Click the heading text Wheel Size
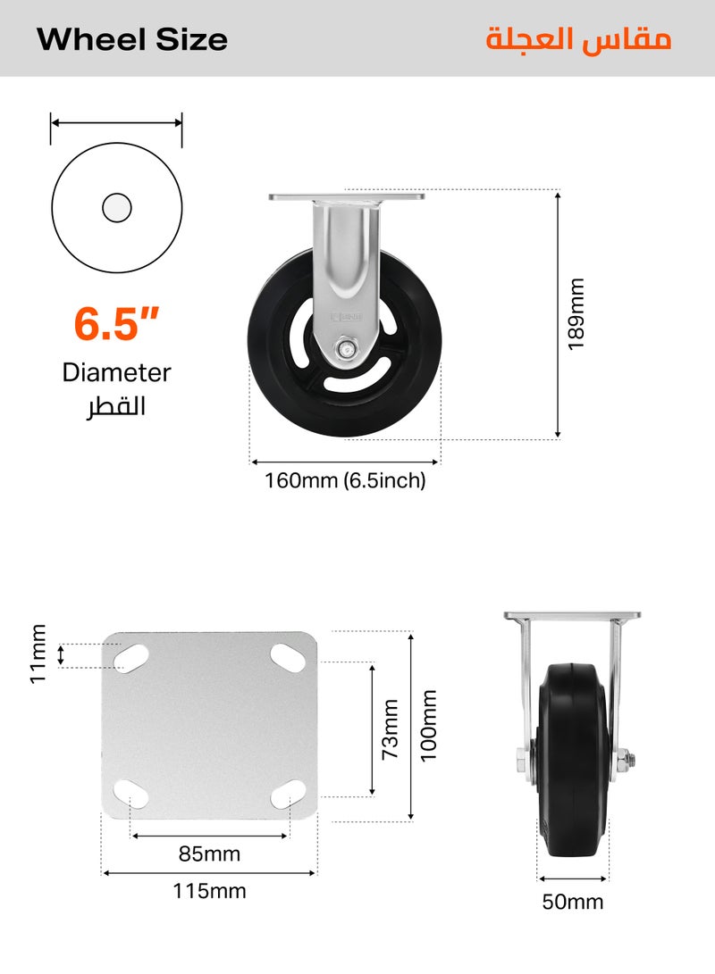131,40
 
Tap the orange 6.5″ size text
116,324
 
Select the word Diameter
116,372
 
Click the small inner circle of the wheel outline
117,207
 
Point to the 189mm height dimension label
576,313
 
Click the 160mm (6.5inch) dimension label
345,480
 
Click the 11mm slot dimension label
38,654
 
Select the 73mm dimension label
390,729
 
